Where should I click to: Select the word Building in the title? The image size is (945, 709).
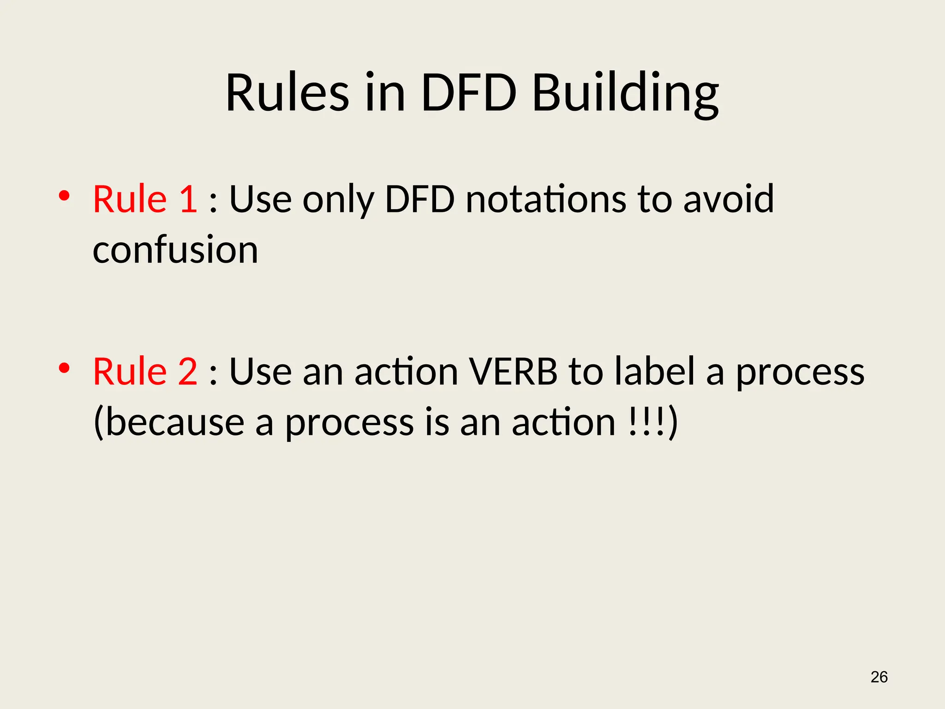click(x=625, y=95)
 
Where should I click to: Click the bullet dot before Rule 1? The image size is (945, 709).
click(x=64, y=196)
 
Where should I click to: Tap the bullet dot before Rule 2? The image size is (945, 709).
click(x=64, y=368)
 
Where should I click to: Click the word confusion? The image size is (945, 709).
click(x=175, y=250)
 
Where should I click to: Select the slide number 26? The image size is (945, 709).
click(x=879, y=677)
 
